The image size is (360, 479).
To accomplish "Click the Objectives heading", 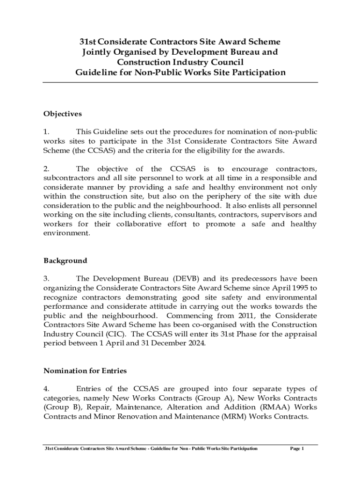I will click(x=63, y=114).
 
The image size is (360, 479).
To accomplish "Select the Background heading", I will click(x=65, y=261).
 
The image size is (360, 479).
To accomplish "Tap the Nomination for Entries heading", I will click(x=85, y=370).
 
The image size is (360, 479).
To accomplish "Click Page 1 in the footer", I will click(x=297, y=449).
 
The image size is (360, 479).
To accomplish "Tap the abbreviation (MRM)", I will click(x=233, y=416).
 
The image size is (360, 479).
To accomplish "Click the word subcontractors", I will click(x=70, y=178).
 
